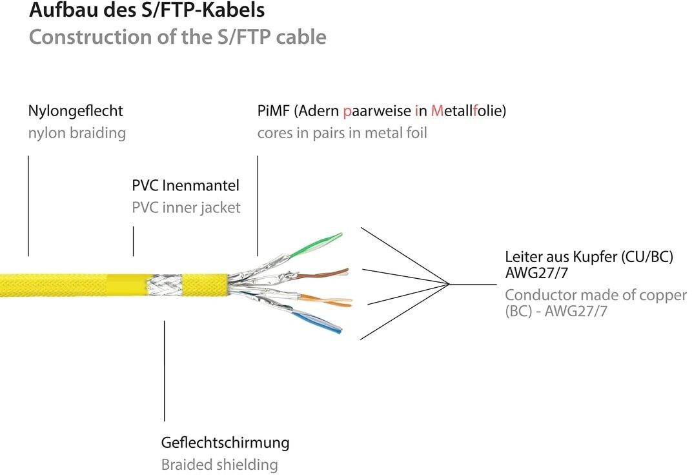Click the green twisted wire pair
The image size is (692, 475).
316,245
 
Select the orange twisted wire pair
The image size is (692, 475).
327,300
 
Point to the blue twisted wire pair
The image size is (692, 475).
317,321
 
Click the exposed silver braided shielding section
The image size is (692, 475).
164,285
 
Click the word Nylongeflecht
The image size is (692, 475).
76,111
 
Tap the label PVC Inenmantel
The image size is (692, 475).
185,185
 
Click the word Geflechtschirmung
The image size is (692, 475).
225,442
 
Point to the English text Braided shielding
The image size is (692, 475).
219,465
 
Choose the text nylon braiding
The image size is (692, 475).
77,133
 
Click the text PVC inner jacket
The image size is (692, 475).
186,207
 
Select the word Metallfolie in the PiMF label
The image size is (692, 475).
467,111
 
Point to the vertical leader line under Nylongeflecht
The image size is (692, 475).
28,205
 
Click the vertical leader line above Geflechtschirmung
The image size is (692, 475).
164,371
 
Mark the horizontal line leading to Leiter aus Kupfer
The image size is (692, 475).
473,285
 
